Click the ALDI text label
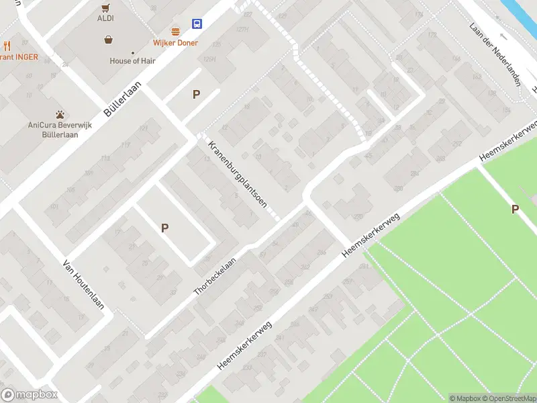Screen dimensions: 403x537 [105, 19]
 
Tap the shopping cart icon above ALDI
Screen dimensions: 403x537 [105, 8]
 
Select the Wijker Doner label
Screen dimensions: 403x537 [176, 43]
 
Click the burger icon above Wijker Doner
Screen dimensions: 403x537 [176, 32]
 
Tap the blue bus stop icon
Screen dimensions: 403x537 [197, 24]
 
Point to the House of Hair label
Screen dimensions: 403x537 [132, 61]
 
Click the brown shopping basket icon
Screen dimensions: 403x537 [108, 40]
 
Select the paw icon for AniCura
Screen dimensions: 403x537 [60, 114]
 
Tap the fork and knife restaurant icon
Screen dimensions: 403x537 [7, 46]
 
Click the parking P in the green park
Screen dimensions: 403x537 [515, 210]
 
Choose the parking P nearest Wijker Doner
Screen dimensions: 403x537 [196, 95]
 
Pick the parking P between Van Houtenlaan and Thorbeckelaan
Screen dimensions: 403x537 [164, 228]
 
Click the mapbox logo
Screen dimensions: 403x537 [30, 395]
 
